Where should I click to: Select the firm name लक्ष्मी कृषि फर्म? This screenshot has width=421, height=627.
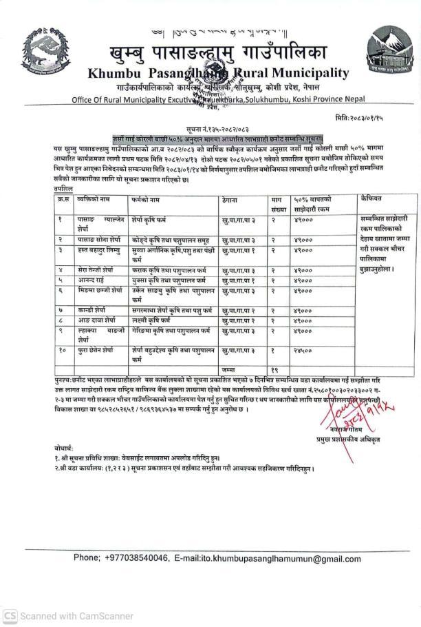click(152, 320)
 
